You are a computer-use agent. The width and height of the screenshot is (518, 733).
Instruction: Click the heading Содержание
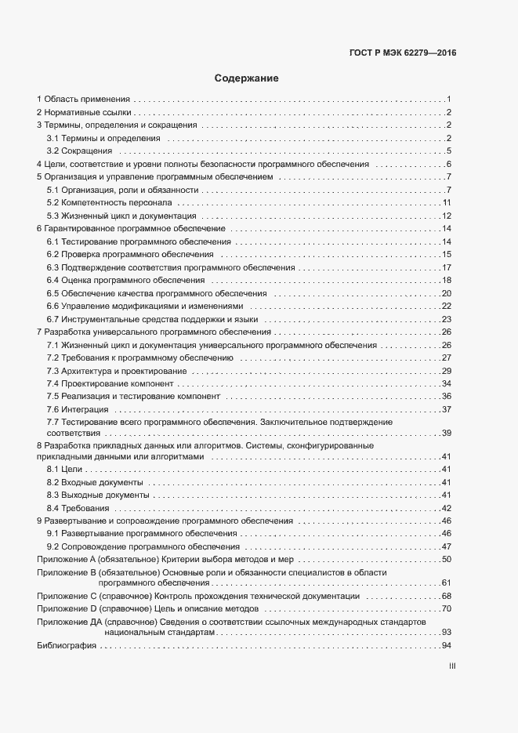pyautogui.click(x=246, y=78)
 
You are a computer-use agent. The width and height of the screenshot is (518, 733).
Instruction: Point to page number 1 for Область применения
pyautogui.click(x=447, y=100)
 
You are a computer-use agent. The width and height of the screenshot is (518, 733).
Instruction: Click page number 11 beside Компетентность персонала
pyautogui.click(x=445, y=203)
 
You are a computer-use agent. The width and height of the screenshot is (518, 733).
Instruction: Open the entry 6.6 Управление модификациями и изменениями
pyautogui.click(x=145, y=306)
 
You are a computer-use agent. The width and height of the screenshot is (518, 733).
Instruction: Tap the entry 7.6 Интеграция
pyautogui.click(x=78, y=409)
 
